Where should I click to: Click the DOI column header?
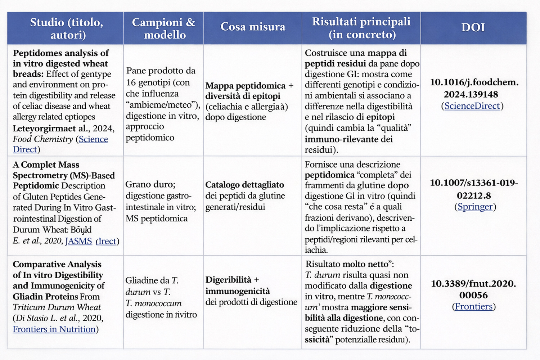pyautogui.click(x=473, y=27)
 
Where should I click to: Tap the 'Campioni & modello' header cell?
pyautogui.click(x=163, y=28)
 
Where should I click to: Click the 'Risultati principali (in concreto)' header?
pyautogui.click(x=361, y=28)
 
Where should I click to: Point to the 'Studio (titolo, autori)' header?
pyautogui.click(x=66, y=28)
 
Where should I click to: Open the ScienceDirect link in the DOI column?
pyautogui.click(x=472, y=106)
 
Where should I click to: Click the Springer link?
pyautogui.click(x=475, y=207)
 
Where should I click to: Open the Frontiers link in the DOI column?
pyautogui.click(x=473, y=306)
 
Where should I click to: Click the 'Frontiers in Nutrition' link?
pyautogui.click(x=54, y=329)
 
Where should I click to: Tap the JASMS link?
pyautogui.click(x=78, y=241)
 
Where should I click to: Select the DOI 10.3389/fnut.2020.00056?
pyautogui.click(x=473, y=289)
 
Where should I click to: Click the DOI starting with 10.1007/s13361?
pyautogui.click(x=474, y=189)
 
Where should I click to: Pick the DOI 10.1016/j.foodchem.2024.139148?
pyautogui.click(x=474, y=88)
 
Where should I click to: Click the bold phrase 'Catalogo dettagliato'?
pyautogui.click(x=244, y=185)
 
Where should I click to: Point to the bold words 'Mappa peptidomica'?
pyautogui.click(x=245, y=86)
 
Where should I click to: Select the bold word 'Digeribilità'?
pyautogui.click(x=228, y=280)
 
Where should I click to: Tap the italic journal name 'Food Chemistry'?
pyautogui.click(x=43, y=139)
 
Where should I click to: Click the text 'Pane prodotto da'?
pyautogui.click(x=161, y=71)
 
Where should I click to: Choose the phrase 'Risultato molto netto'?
pyautogui.click(x=348, y=264)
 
